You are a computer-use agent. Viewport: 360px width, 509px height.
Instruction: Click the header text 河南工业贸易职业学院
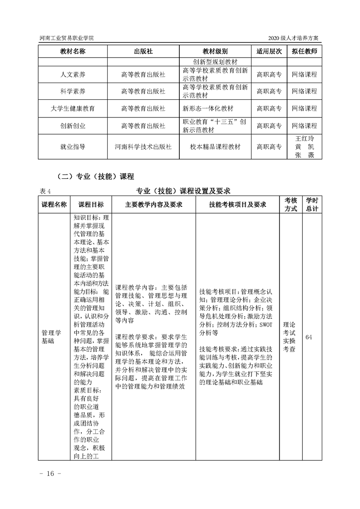(x=64, y=39)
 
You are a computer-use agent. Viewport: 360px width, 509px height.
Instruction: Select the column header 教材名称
(x=73, y=51)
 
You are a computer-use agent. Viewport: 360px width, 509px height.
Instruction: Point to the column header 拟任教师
(x=304, y=51)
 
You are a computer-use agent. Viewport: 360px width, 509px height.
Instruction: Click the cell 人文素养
(x=73, y=74)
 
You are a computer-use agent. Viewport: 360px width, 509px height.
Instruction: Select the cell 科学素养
(x=73, y=92)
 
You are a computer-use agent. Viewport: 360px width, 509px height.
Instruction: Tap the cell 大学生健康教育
(x=73, y=109)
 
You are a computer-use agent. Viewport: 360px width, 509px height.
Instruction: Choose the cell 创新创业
(x=73, y=126)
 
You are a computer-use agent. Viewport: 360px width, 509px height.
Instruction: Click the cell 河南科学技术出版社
(x=143, y=147)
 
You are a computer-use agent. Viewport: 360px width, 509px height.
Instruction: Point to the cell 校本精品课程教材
(x=215, y=147)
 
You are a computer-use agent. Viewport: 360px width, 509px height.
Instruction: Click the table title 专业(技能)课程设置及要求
(x=184, y=191)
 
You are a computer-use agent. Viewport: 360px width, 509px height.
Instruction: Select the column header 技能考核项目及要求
(x=237, y=205)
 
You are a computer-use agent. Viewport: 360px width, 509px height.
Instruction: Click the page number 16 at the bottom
(x=47, y=474)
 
